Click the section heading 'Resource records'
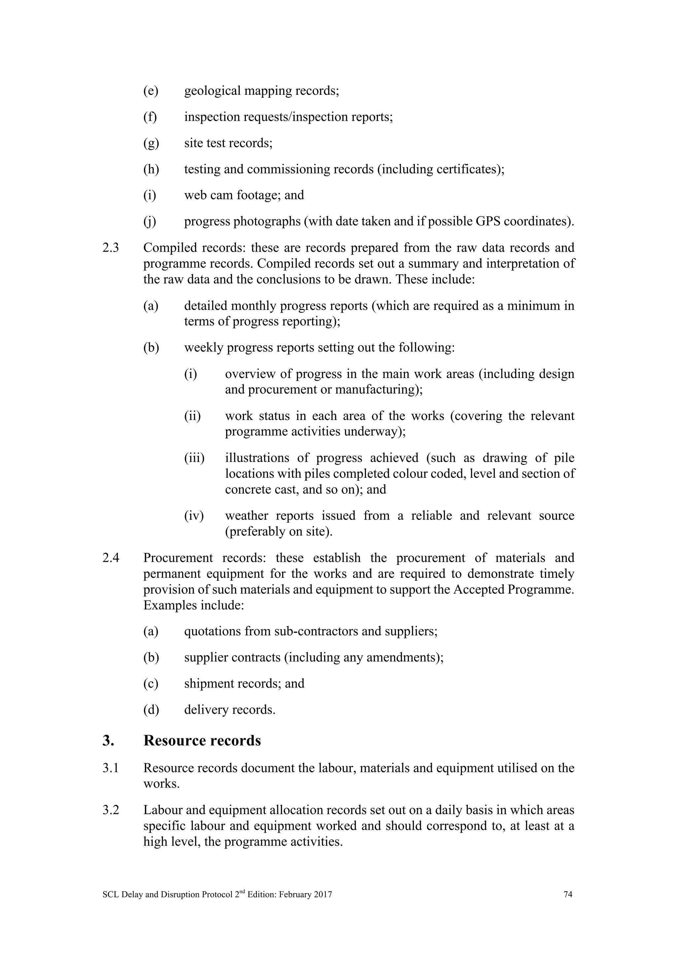pyautogui.click(x=202, y=740)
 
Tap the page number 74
pyautogui.click(x=568, y=894)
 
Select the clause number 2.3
pyautogui.click(x=110, y=248)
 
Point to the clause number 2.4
pyautogui.click(x=110, y=558)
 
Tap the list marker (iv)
pyautogui.click(x=194, y=516)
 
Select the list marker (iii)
pyautogui.click(x=194, y=458)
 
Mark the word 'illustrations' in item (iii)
pyautogui.click(x=257, y=458)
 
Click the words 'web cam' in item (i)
pyautogui.click(x=209, y=195)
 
